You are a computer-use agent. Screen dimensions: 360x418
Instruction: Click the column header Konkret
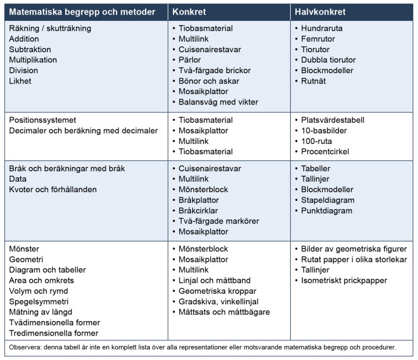190,12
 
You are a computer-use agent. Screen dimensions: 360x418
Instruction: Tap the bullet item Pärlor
190,60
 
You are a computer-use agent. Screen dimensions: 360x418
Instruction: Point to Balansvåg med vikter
218,102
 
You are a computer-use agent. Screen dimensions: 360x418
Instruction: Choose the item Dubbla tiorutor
329,60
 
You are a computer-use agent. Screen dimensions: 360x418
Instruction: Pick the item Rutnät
313,81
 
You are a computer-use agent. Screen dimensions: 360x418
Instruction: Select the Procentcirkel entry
325,152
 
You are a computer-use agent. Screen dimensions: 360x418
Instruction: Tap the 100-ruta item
316,141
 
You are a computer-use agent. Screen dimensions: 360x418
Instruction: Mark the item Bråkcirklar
199,211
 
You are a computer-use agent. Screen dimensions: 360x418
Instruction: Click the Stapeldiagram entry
328,200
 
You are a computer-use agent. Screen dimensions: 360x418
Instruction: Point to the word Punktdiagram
327,211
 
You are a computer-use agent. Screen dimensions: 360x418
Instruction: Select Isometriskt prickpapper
344,280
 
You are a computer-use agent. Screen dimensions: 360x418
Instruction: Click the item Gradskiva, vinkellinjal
219,301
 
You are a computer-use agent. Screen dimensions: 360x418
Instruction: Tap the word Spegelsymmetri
39,301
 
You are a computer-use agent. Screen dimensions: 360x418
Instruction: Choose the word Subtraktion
30,49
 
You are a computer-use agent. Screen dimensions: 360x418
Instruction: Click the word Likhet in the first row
20,81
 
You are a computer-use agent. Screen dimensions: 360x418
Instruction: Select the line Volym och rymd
38,291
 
